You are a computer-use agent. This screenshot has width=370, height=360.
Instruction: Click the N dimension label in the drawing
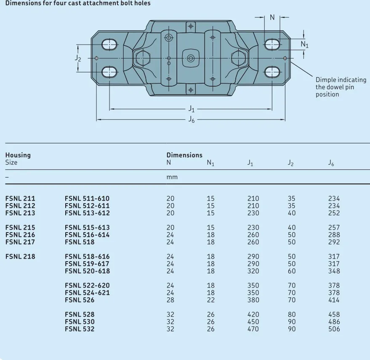point(272,17)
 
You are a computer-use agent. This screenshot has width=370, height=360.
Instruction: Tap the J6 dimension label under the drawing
point(191,120)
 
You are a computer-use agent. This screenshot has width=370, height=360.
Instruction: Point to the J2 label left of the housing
point(78,58)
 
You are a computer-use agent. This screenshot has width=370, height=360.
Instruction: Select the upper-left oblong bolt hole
point(109,44)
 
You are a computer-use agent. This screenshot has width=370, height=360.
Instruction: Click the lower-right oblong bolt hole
point(272,71)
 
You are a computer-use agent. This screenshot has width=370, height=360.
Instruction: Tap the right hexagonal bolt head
point(238,58)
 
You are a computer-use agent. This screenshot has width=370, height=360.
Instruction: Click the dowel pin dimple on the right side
point(285,58)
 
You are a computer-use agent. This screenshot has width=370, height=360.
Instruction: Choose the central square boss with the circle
point(191,58)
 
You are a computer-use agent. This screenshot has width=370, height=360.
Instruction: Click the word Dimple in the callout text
point(326,80)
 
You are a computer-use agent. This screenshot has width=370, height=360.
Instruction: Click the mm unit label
point(172,177)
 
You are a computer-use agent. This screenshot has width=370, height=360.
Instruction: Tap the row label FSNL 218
point(20,257)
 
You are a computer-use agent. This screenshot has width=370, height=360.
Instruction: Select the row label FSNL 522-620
point(87,286)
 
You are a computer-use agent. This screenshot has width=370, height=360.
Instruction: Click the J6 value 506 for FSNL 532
point(334,329)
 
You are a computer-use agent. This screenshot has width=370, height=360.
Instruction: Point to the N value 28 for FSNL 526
point(170,300)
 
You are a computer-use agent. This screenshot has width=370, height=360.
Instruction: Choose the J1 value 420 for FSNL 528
point(253,315)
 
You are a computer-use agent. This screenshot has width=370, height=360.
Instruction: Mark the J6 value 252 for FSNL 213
point(334,213)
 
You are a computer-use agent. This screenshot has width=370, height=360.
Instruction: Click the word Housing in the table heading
point(18,155)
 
